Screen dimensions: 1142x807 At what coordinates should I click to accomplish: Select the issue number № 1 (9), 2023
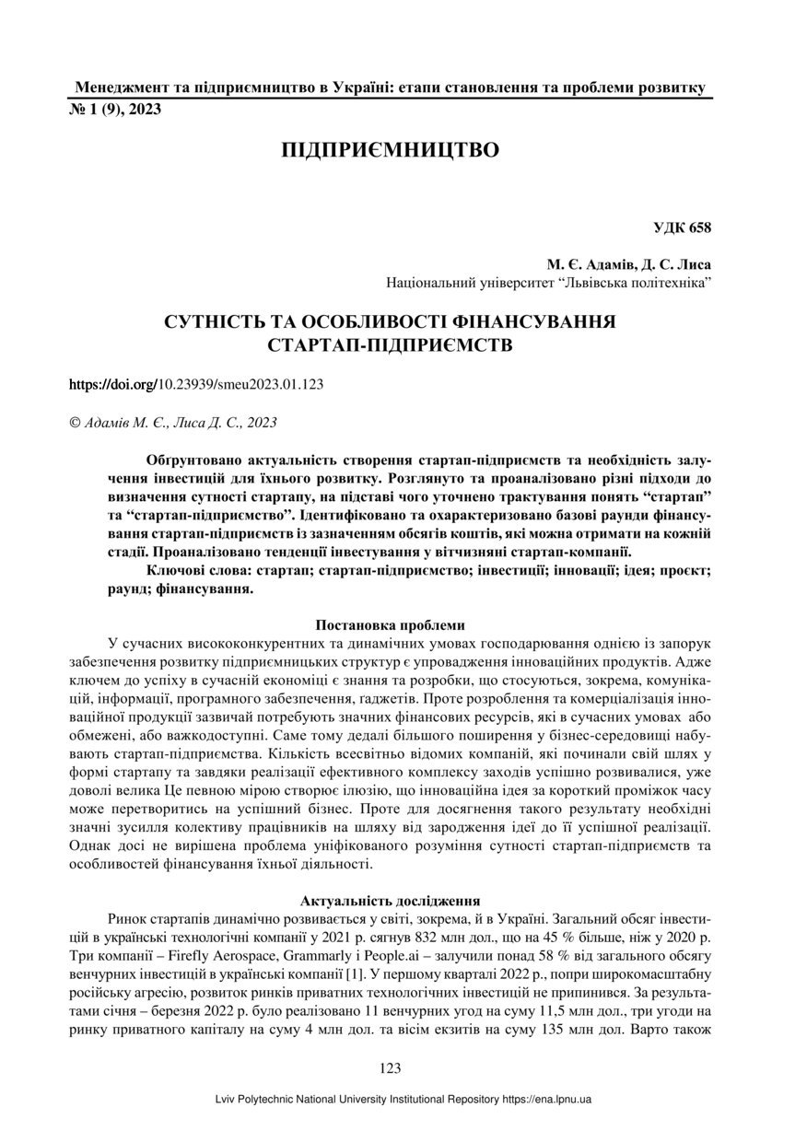point(116,110)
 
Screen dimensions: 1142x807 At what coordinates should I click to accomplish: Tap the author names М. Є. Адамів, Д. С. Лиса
point(628,264)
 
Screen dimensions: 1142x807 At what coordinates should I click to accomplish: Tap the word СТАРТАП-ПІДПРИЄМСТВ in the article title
point(390,347)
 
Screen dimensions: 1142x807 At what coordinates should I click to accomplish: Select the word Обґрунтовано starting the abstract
point(189,459)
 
